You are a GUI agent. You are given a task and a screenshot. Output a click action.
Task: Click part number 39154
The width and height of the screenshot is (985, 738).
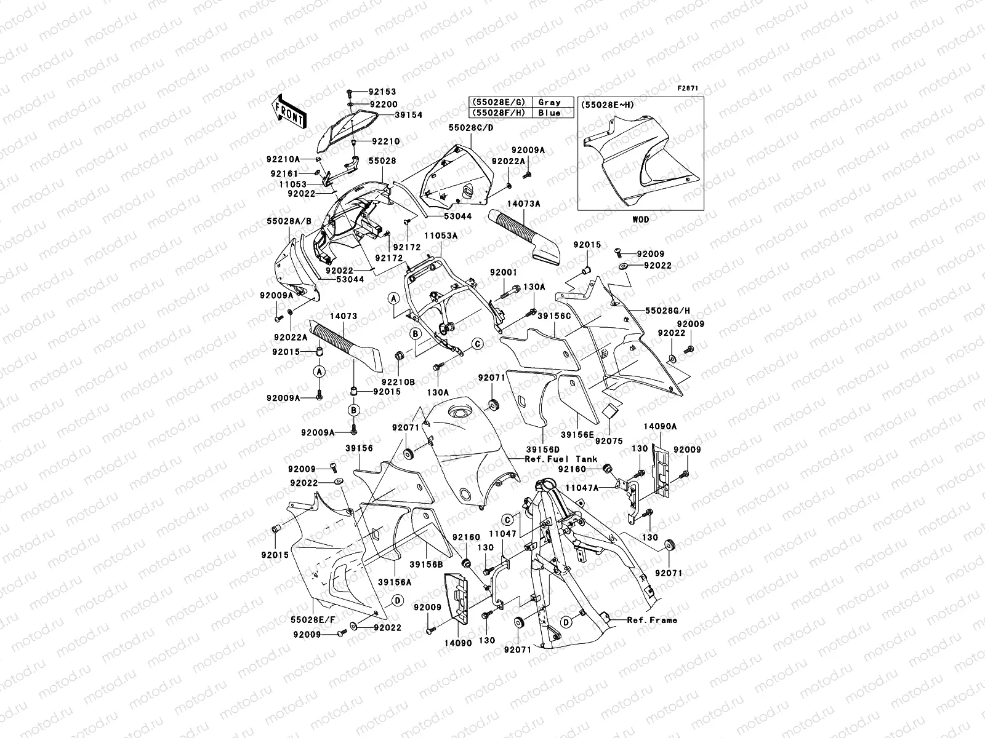pyautogui.click(x=408, y=115)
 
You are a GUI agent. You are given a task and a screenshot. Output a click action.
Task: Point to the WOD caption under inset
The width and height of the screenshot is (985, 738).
pyautogui.click(x=640, y=219)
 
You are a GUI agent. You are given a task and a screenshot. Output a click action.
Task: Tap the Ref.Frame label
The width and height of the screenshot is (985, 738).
pyautogui.click(x=652, y=620)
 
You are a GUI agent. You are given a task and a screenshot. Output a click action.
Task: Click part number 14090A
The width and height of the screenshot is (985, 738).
pyautogui.click(x=660, y=426)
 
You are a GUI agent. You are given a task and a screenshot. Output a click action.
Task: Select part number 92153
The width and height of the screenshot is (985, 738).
pyautogui.click(x=383, y=91)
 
